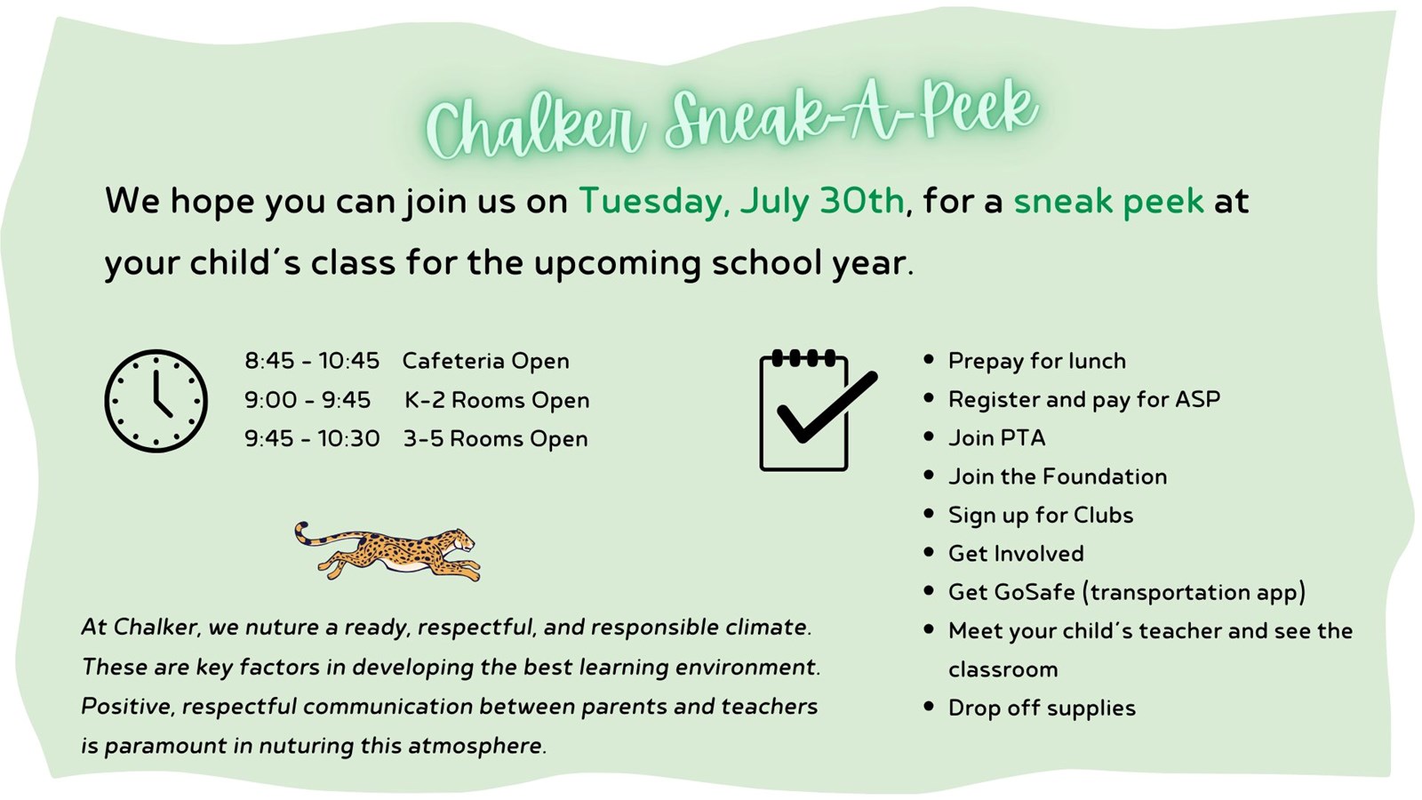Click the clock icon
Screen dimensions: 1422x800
[156, 401]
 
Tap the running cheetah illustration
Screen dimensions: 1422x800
[387, 551]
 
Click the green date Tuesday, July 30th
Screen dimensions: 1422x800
[741, 201]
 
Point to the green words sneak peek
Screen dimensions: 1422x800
[1108, 202]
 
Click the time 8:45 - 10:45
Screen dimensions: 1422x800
[312, 361]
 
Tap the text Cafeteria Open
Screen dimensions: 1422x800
[485, 361]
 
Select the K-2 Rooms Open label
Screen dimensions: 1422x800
[497, 400]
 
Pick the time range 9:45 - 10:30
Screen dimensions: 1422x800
[312, 439]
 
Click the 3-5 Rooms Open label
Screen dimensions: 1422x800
[496, 439]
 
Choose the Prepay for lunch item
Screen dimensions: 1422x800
[1037, 361]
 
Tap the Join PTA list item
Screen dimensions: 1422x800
[996, 438]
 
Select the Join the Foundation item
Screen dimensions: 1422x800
[1058, 476]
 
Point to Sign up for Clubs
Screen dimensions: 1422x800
[1041, 516]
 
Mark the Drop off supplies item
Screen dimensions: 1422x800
[1042, 708]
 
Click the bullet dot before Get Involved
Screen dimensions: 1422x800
[929, 552]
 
